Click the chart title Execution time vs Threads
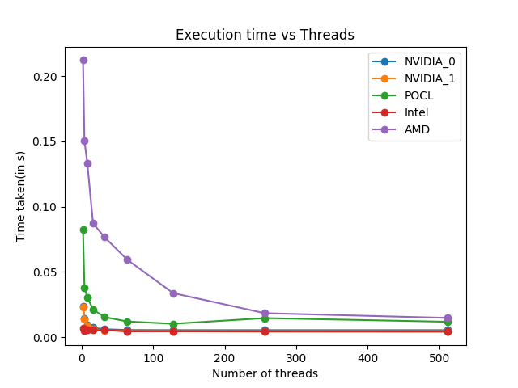[265, 35]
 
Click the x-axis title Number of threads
[265, 373]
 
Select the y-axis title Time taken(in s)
[22, 196]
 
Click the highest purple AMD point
[83, 60]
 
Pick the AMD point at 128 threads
[173, 293]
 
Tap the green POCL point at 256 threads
[265, 318]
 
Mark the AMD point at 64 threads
[127, 259]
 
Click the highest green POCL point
[83, 230]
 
